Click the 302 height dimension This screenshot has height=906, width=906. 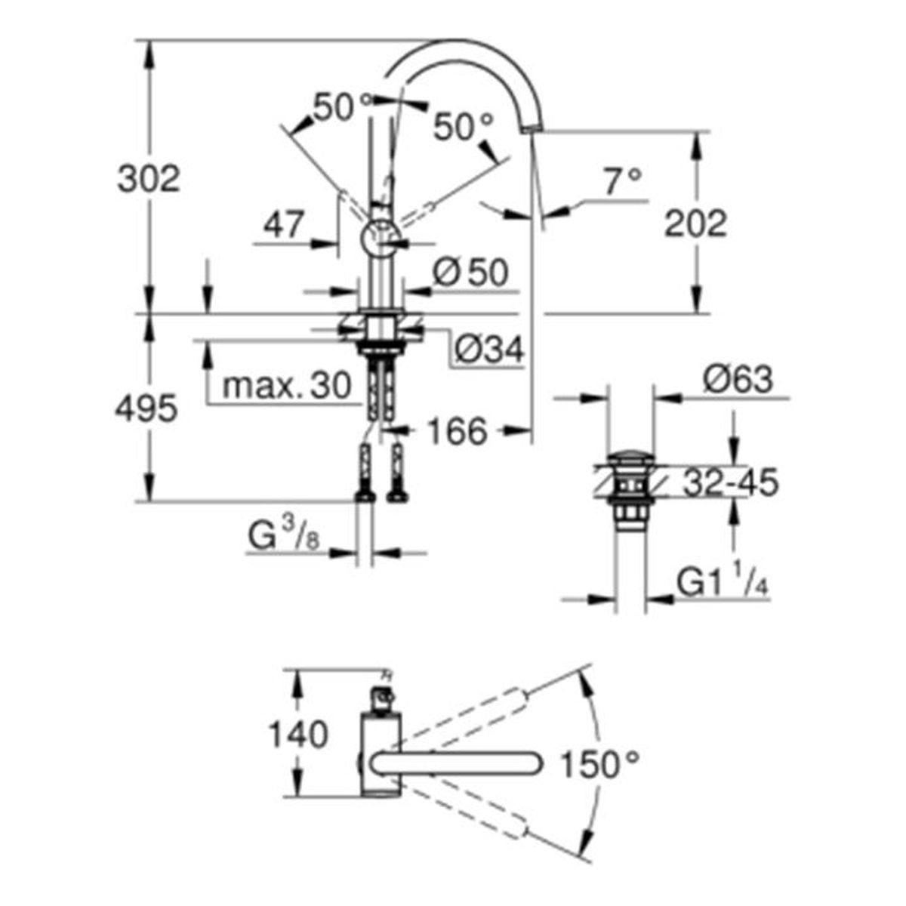click(x=149, y=179)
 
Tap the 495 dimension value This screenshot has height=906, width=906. click(x=146, y=409)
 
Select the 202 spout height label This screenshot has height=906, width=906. click(x=695, y=223)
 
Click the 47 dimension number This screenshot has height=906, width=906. click(x=283, y=225)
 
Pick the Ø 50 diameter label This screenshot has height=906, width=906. click(x=470, y=273)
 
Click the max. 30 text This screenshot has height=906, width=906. click(x=287, y=386)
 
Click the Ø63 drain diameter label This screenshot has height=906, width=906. click(x=738, y=380)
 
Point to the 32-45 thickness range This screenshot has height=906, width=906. click(x=731, y=483)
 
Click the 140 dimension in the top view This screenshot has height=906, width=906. click(x=298, y=735)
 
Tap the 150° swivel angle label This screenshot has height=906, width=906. click(x=600, y=765)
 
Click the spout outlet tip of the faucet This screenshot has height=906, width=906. click(x=532, y=128)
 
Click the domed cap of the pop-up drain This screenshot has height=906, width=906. click(x=630, y=458)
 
